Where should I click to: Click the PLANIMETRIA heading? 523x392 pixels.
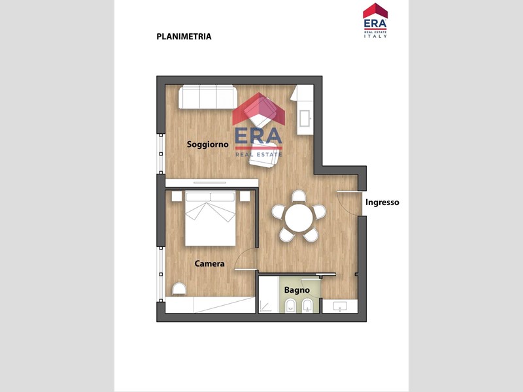[184, 37]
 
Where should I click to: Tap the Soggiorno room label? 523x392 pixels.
[207, 144]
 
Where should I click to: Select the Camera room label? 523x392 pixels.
[209, 264]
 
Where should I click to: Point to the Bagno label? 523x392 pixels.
[297, 290]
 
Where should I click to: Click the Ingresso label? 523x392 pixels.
[382, 203]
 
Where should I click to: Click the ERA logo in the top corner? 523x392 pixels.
[375, 20]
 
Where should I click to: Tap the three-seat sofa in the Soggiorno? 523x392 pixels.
[208, 97]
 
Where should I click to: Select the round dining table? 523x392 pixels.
[299, 218]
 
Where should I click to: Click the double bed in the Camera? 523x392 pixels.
[211, 218]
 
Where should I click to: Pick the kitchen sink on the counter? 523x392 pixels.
[305, 118]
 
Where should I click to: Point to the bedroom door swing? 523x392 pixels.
[246, 259]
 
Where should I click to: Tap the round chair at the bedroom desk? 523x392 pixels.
[179, 289]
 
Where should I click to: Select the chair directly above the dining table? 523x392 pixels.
[299, 196]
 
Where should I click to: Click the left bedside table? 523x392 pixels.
[177, 196]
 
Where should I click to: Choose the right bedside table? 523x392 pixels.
[245, 196]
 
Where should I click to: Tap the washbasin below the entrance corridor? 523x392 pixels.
[340, 306]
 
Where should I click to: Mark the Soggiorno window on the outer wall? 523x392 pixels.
[161, 154]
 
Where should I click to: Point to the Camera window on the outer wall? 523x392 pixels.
[161, 274]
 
